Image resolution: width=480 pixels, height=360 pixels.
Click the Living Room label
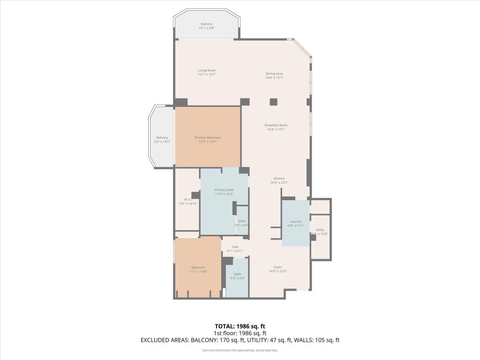tap(207, 70)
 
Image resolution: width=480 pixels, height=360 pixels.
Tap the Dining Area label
tap(274, 74)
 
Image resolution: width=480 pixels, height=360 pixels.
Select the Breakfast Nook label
tap(276, 125)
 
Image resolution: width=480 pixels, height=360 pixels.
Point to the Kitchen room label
tap(279, 179)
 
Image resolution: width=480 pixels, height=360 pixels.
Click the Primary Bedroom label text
tap(208, 137)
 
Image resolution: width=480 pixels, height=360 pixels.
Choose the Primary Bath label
tap(224, 190)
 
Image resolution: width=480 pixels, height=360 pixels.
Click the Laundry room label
tap(295, 221)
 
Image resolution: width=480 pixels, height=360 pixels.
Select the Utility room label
tap(320, 230)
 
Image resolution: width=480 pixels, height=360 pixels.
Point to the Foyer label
tap(277, 267)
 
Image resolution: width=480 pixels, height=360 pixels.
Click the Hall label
tap(235, 247)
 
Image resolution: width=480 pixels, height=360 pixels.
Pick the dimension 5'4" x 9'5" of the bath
tap(237, 278)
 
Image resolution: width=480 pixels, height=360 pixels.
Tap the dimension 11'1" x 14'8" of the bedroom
tap(198, 271)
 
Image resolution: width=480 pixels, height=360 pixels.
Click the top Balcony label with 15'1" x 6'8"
tap(206, 24)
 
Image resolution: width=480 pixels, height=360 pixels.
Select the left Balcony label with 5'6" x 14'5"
tap(162, 137)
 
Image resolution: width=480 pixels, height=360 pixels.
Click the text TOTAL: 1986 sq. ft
tap(240, 326)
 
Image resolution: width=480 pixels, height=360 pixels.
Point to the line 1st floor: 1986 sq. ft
tap(240, 333)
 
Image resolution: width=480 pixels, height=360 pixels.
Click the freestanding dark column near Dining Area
tap(273, 102)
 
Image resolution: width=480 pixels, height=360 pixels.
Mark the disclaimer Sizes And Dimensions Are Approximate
tap(240, 350)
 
